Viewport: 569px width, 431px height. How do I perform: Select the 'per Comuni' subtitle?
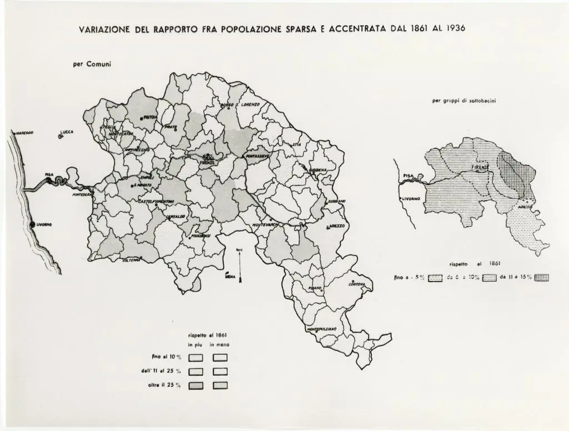(x=92, y=64)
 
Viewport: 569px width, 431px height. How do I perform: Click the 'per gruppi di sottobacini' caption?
(x=460, y=101)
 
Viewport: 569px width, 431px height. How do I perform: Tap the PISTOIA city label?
(x=150, y=117)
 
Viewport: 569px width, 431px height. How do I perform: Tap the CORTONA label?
(x=357, y=284)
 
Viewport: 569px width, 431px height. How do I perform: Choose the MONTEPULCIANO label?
(x=322, y=329)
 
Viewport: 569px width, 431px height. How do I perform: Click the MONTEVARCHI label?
(x=266, y=224)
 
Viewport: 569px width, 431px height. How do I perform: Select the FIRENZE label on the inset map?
(x=481, y=167)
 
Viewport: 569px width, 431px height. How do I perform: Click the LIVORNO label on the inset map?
(x=412, y=199)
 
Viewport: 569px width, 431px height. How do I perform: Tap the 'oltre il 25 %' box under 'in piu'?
(x=196, y=385)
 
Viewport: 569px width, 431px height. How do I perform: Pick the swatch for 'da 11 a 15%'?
(x=541, y=279)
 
